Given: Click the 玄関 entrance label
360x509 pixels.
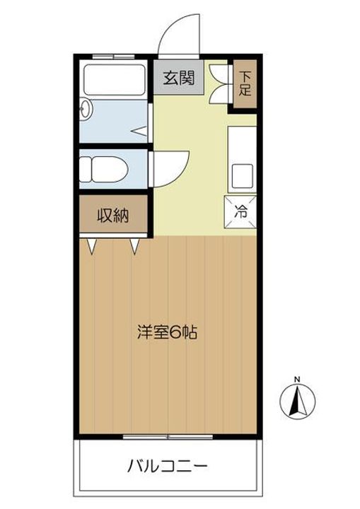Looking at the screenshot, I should tap(179, 78).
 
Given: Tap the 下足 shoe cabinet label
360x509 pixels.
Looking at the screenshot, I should tap(245, 83).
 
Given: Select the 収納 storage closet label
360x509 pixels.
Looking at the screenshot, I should tap(112, 216).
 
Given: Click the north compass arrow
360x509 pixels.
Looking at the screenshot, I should tap(298, 402).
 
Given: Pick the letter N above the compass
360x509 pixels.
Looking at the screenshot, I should tap(298, 378).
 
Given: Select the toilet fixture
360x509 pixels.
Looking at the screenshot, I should tap(103, 169).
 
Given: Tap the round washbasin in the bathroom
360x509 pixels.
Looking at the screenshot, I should tap(86, 110).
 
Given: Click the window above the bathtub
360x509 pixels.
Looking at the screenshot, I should tap(113, 55).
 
